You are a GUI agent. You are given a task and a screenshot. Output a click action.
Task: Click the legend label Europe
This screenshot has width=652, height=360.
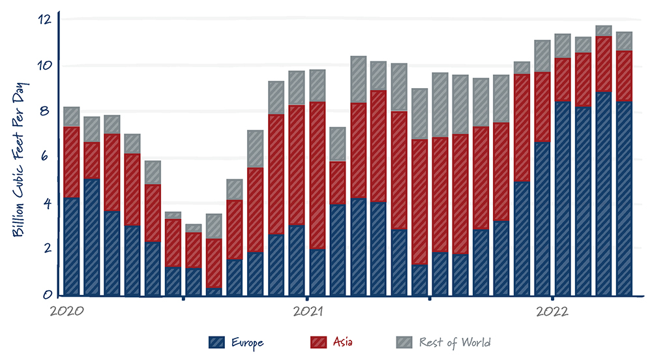tap(248, 342)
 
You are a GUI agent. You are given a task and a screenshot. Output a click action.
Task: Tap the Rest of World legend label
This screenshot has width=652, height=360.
tap(454, 342)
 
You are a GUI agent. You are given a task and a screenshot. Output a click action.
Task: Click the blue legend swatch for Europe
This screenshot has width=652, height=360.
tap(217, 342)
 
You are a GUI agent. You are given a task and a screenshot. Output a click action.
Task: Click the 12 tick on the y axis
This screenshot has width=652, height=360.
tap(44, 19)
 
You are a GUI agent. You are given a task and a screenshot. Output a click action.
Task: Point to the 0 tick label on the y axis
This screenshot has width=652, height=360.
tap(48, 295)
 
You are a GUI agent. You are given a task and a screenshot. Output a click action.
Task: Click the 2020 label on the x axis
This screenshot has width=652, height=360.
tap(67, 310)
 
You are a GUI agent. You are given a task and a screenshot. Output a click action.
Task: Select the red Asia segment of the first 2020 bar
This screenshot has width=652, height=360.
tap(72, 162)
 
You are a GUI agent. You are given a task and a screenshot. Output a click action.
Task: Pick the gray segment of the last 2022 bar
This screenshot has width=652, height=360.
tap(624, 41)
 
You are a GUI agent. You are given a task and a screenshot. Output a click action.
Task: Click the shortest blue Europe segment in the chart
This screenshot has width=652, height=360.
tap(215, 292)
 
